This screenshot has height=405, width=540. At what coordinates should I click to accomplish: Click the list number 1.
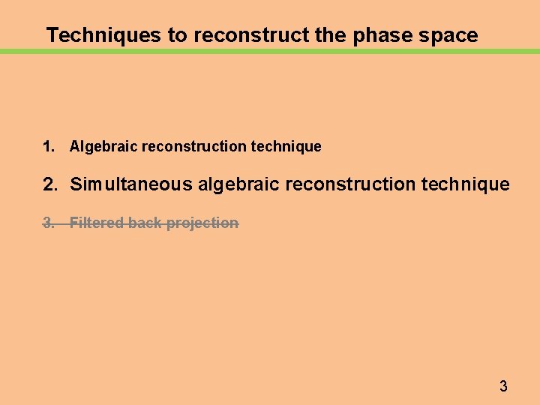point(49,147)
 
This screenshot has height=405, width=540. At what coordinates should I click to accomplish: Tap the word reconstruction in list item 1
point(194,147)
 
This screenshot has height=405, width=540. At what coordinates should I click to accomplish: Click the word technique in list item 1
point(286,147)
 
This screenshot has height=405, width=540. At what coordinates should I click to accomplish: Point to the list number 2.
point(49,184)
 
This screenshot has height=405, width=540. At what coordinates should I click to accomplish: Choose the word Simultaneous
point(131,184)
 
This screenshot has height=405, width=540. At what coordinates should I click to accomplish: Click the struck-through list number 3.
point(49,223)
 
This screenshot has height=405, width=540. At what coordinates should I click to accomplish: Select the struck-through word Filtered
point(96,223)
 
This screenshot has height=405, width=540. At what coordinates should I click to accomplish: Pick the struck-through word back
point(145,223)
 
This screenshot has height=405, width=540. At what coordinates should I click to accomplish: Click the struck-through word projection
point(202,223)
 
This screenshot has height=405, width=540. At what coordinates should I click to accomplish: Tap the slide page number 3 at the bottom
point(503,387)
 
